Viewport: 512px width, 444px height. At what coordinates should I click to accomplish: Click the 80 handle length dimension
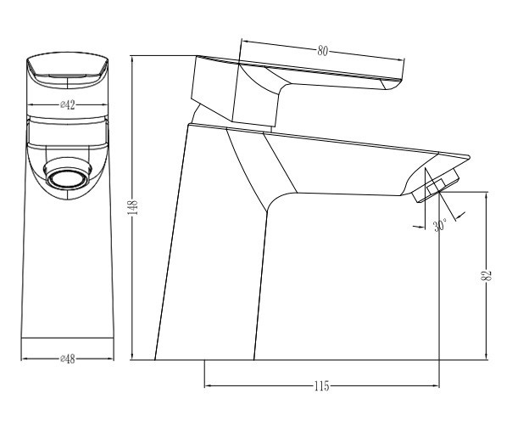[x=322, y=51]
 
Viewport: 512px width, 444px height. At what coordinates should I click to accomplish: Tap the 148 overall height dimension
[x=133, y=207]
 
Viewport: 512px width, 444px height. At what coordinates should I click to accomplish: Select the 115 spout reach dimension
[x=322, y=386]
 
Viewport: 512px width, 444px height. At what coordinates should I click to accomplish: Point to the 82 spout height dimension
[x=487, y=275]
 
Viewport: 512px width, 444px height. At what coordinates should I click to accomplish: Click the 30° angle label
[x=440, y=225]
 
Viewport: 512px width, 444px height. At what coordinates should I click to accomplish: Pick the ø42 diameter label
[x=67, y=105]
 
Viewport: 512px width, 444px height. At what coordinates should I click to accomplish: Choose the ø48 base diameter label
[x=67, y=359]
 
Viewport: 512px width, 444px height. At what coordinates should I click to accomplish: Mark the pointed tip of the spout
[x=470, y=157]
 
